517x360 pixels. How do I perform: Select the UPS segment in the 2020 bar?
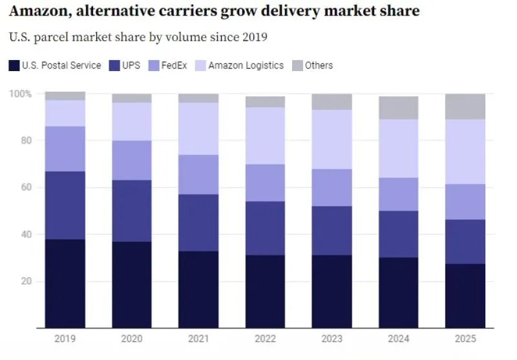(132, 211)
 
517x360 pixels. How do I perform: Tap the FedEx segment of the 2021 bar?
(198, 175)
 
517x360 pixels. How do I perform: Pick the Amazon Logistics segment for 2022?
(265, 136)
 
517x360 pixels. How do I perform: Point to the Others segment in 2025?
(465, 107)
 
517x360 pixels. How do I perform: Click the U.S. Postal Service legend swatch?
(14, 65)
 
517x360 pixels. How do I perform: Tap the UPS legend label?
(131, 65)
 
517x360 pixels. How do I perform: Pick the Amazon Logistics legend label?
(246, 65)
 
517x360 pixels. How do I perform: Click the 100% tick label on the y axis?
(20, 94)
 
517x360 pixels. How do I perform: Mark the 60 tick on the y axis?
(25, 187)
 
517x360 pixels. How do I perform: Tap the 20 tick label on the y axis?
(25, 281)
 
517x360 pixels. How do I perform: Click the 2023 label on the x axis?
(332, 337)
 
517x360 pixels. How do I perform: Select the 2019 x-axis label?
(65, 337)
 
